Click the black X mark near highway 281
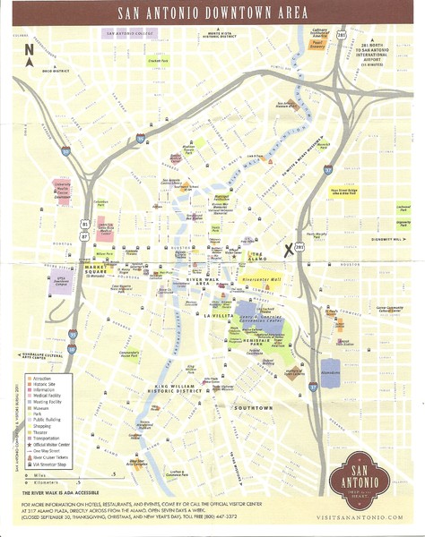(290, 251)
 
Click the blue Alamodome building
(329, 371)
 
